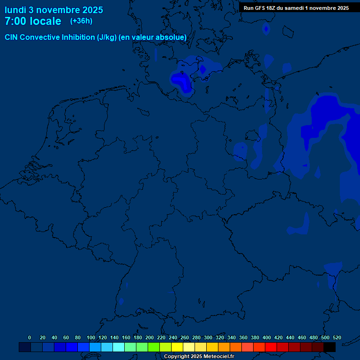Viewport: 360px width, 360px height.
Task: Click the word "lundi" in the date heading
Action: pyautogui.click(x=15, y=10)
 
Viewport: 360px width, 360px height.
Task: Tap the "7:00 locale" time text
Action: pyautogui.click(x=33, y=21)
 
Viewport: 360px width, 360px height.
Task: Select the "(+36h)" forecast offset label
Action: pyautogui.click(x=81, y=21)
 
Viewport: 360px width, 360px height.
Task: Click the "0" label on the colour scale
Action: pyautogui.click(x=30, y=337)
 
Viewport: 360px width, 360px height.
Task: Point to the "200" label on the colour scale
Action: pyautogui.click(x=150, y=337)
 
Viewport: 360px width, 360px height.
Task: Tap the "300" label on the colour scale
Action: pyautogui.click(x=208, y=337)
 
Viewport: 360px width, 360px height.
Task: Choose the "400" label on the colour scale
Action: pyautogui.click(x=267, y=337)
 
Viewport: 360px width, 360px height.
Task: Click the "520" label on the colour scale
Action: pyautogui.click(x=337, y=337)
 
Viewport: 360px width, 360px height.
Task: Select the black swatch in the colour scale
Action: pyautogui.click(x=330, y=347)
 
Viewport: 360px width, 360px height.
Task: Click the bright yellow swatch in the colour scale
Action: pyautogui.click(x=177, y=347)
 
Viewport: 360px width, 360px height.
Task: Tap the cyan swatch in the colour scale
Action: pyautogui.click(x=119, y=347)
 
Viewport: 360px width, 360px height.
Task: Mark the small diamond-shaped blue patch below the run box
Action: pyautogui.click(x=266, y=30)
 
